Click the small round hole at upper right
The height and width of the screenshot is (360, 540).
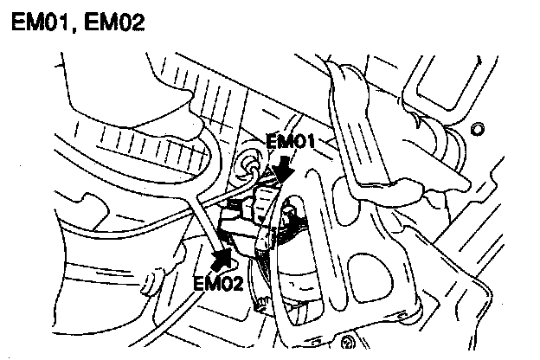476,130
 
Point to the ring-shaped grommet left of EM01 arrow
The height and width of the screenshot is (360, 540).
254,160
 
